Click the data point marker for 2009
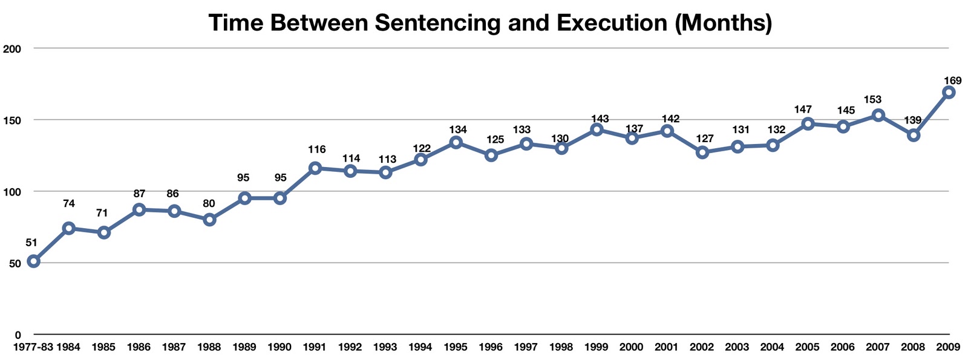(x=949, y=93)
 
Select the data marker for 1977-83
(x=34, y=261)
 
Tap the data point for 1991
(x=315, y=168)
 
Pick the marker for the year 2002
(x=702, y=152)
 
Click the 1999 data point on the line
(x=597, y=129)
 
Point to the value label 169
(x=952, y=80)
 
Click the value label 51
(x=31, y=243)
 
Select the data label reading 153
(x=872, y=100)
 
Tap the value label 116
(x=316, y=149)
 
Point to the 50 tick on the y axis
(x=15, y=263)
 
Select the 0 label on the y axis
(x=18, y=335)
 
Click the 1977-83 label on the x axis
(x=33, y=347)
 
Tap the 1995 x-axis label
(x=456, y=347)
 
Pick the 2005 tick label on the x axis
(x=807, y=347)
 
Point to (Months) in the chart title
(x=723, y=23)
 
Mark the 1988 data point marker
(x=210, y=220)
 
